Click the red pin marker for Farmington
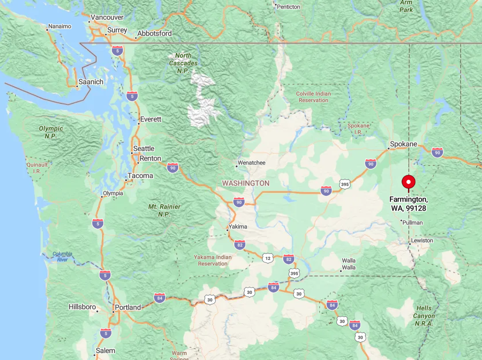408,182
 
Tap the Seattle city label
144,148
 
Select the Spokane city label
404,144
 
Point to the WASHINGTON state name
246,183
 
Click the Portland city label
128,307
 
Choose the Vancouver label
107,17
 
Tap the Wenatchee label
252,163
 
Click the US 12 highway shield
268,258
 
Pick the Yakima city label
238,227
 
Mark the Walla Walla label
349,264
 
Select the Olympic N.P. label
51,132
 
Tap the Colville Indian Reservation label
313,97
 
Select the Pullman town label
413,222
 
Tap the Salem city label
106,351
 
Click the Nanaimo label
60,26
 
